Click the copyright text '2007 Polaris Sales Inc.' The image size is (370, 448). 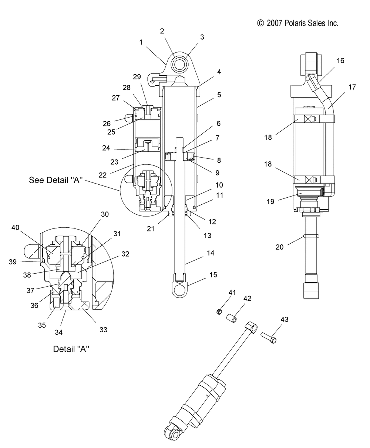(x=302, y=23)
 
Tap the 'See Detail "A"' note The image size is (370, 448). (x=55, y=180)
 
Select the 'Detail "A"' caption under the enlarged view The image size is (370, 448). (x=71, y=349)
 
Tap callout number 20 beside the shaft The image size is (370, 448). (x=279, y=247)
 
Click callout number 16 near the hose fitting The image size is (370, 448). (x=340, y=61)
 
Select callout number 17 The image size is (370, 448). (x=352, y=87)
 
